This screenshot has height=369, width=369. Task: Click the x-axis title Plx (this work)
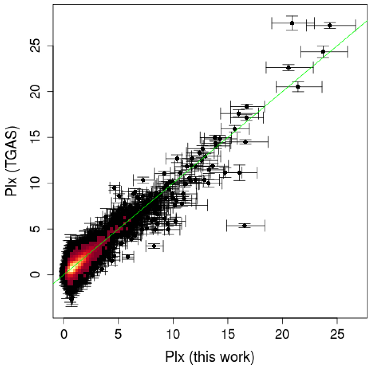[x=210, y=357]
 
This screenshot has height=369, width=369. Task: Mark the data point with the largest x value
[x=330, y=25]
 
